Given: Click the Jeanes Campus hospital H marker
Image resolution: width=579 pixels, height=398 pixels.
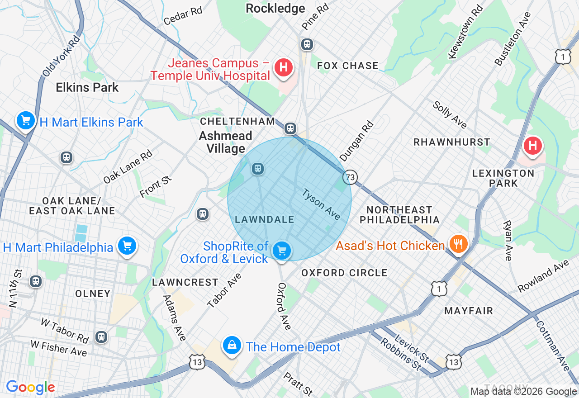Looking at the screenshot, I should (284, 68).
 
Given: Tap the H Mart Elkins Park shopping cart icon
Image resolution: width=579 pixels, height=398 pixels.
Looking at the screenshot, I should (26, 121).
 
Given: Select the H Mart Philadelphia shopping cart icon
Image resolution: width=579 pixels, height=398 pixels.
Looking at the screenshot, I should (127, 246).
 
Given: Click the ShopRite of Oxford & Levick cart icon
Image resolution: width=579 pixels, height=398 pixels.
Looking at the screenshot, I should (282, 250).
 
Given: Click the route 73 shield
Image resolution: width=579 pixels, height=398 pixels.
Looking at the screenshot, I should (350, 177).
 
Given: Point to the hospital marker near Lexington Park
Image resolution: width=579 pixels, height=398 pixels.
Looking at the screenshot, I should (533, 146).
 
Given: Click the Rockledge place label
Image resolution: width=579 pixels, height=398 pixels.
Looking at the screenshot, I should (275, 9).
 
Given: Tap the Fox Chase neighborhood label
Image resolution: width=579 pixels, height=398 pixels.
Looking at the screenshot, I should (348, 66).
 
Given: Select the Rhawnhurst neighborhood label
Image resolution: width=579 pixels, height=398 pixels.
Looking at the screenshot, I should (452, 142).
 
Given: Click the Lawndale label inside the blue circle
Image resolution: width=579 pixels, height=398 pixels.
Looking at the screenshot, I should (265, 219).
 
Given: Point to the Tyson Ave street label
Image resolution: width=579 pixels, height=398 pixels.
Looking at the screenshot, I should (321, 204).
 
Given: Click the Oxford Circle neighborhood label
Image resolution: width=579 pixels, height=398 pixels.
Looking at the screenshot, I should (344, 273).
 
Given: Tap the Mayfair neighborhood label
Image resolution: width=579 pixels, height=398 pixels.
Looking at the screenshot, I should (469, 311).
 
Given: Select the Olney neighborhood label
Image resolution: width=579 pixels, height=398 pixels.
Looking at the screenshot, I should (93, 294).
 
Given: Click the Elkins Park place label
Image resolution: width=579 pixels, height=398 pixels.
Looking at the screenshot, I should (87, 87).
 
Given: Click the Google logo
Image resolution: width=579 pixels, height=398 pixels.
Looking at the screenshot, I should (30, 387).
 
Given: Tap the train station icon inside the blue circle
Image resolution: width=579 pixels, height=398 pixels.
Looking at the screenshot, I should (258, 169).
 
